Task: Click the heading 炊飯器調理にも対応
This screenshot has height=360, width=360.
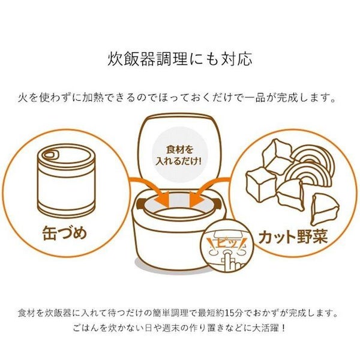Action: tap(180, 59)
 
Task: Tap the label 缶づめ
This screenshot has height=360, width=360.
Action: tap(65, 233)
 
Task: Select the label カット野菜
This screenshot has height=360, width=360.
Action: tap(293, 237)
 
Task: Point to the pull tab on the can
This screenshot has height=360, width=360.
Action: tap(52, 154)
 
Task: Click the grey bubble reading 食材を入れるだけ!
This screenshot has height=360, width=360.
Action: tap(178, 157)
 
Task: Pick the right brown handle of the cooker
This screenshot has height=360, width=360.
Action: tap(217, 203)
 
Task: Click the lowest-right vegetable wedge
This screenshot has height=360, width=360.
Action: tap(324, 209)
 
